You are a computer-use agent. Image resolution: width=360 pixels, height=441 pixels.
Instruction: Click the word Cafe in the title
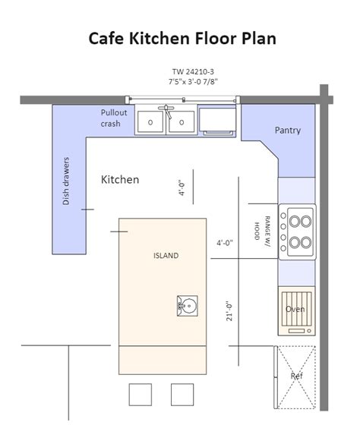click(x=106, y=38)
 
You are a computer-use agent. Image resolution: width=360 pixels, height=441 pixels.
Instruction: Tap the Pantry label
click(x=288, y=131)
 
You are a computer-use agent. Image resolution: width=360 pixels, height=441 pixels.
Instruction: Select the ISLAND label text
click(x=166, y=255)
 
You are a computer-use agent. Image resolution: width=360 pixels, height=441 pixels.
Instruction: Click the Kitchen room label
click(x=120, y=179)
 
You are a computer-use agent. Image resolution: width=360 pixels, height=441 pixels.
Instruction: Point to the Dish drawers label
click(x=66, y=181)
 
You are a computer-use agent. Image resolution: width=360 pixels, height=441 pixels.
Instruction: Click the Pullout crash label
click(x=114, y=118)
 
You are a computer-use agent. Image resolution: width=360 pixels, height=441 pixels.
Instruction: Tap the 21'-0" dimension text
click(x=229, y=311)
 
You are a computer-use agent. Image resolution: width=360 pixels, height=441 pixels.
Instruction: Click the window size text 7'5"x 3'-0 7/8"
click(x=193, y=81)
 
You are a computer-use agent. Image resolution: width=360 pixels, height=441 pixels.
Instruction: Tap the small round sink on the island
click(x=187, y=306)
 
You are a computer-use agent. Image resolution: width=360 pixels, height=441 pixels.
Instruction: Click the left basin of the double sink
click(x=150, y=121)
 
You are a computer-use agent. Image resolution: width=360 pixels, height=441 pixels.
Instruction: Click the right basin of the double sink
click(x=182, y=121)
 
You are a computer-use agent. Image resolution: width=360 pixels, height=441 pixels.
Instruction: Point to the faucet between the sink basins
click(x=166, y=111)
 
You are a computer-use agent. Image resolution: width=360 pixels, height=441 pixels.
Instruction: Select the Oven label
click(x=295, y=309)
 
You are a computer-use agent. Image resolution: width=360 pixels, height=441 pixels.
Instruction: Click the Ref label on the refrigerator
click(x=297, y=376)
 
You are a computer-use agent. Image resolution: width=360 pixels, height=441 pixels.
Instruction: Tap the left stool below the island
click(x=141, y=395)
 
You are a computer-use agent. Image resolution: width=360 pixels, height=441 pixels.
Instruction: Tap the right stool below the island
click(x=182, y=395)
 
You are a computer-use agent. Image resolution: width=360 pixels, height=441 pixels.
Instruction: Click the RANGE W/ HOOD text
click(x=262, y=232)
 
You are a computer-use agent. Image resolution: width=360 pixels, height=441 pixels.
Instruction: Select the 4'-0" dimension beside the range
click(x=225, y=242)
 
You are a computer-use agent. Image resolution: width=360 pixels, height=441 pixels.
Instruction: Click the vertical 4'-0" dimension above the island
click(x=182, y=187)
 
